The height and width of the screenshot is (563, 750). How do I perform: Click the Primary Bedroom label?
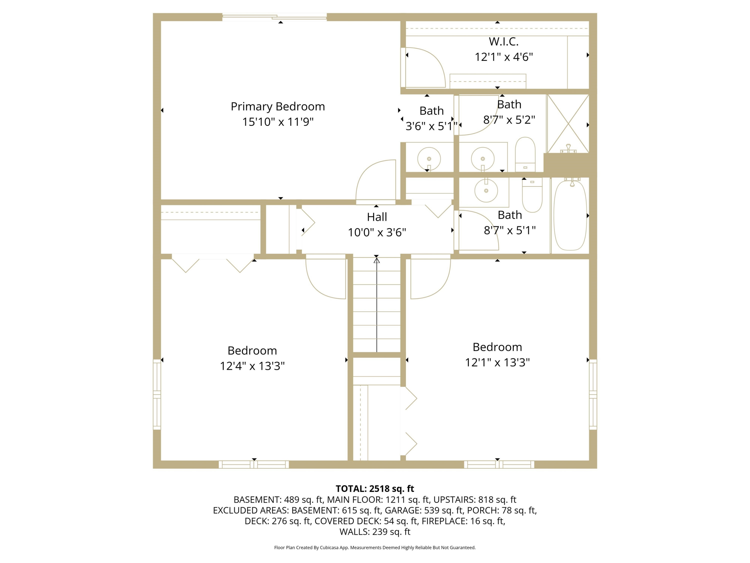point(278,107)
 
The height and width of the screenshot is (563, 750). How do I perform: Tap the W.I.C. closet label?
point(503,41)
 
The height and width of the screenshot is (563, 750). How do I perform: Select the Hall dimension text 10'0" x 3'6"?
point(377,232)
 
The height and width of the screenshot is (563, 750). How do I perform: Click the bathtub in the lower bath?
point(570,215)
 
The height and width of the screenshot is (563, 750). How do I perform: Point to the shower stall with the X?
point(568,124)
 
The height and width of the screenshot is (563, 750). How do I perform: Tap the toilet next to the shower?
point(525,154)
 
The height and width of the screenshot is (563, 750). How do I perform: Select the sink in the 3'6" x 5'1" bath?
point(429,158)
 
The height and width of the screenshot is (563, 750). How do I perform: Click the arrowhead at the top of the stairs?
point(376,260)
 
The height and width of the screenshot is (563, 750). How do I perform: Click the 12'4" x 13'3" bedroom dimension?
point(252,366)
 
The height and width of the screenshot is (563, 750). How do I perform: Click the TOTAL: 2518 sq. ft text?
point(375,489)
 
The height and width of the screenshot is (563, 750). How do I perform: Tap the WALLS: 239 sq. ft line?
point(375,532)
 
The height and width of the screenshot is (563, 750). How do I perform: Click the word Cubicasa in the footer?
point(329,547)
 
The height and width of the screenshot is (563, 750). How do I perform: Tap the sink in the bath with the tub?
point(486,191)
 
